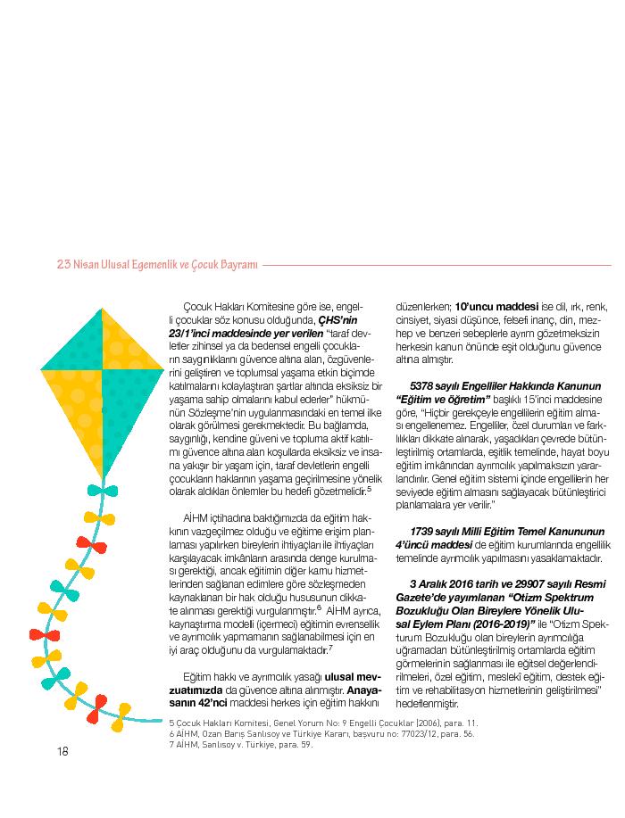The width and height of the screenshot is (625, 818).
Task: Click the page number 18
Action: pos(62,750)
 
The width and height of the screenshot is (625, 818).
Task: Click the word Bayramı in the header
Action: pos(236,265)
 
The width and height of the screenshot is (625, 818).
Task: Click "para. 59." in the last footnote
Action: pos(296,745)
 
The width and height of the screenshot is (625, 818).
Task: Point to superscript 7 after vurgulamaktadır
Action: pos(331,647)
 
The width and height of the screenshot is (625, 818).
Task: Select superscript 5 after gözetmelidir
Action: pos(370,488)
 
